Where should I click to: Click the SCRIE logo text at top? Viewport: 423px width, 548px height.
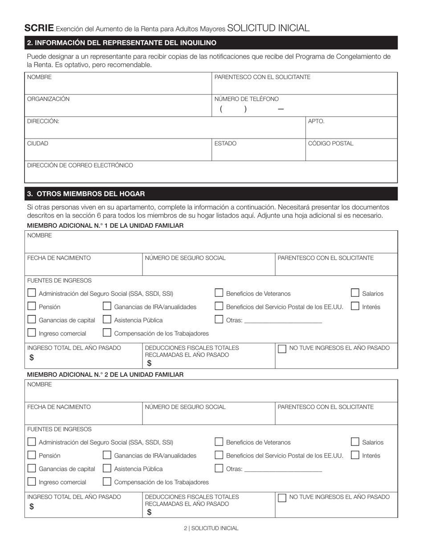(39, 28)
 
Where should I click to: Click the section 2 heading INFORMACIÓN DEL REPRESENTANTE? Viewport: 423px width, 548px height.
(122, 43)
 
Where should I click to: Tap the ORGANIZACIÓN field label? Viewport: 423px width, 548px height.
(49, 99)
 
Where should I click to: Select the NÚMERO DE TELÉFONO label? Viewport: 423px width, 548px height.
(247, 99)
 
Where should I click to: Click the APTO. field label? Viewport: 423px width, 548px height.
(316, 121)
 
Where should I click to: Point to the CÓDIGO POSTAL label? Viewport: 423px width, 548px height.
(331, 143)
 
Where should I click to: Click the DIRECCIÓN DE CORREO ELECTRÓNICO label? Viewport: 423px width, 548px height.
(80, 165)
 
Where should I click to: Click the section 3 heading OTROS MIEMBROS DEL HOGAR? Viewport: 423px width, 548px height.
(86, 194)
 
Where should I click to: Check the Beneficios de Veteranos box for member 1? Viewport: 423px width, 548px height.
(219, 293)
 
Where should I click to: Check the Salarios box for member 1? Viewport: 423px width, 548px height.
(355, 293)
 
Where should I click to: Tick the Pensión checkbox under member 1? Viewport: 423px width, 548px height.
(32, 307)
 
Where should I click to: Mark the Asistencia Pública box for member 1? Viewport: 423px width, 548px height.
(107, 319)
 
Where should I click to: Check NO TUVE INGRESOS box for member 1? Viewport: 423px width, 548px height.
(282, 349)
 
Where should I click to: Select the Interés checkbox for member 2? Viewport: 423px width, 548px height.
(355, 455)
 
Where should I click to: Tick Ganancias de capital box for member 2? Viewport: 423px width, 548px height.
(32, 468)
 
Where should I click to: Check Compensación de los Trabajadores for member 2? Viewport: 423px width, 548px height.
(107, 482)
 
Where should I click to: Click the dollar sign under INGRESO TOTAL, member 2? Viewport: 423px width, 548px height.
(32, 506)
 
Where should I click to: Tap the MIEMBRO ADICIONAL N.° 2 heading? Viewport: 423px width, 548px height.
(105, 375)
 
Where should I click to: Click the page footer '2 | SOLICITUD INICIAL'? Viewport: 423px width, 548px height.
(211, 528)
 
